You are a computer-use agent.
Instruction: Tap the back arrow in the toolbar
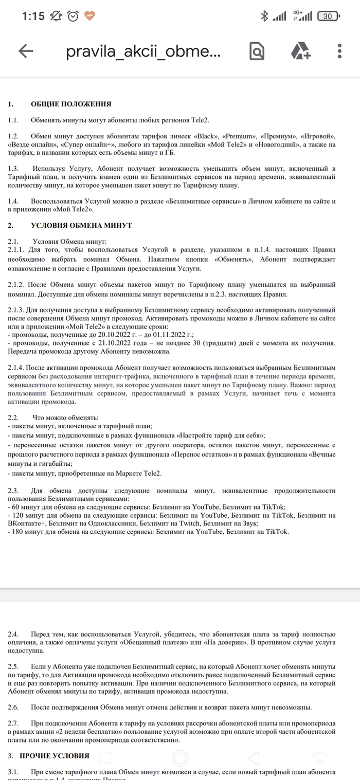26,50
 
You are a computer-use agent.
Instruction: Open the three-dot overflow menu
339,50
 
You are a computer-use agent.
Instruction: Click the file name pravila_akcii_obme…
143,51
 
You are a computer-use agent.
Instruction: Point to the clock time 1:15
33,16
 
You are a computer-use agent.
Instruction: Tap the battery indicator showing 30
328,16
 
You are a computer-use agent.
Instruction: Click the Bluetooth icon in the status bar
264,16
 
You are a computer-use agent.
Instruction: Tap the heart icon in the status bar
89,16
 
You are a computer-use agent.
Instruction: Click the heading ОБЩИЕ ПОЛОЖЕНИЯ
71,104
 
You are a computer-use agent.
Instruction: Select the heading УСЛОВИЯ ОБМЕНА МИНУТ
81,225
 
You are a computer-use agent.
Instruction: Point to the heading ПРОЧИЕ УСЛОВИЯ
54,756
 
